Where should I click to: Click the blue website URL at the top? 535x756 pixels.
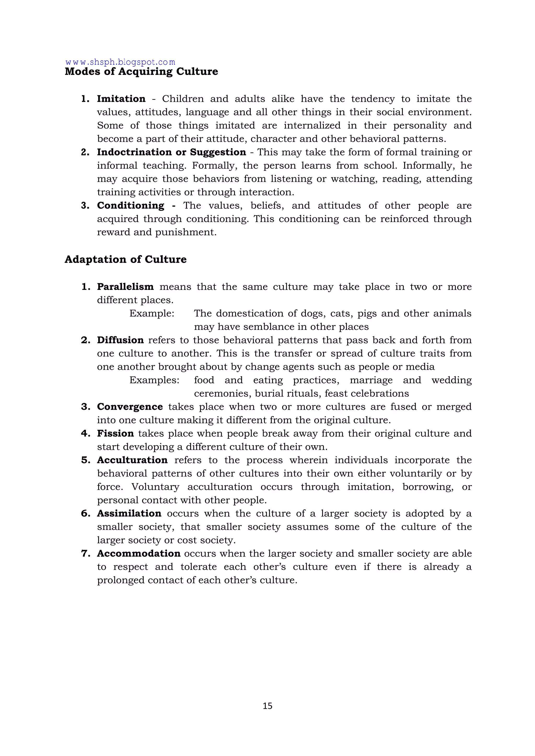pos(120,62)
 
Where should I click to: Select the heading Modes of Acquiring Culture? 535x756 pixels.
pos(141,72)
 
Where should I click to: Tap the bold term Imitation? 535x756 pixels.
pos(121,99)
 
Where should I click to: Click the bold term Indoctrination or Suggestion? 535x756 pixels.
pos(171,152)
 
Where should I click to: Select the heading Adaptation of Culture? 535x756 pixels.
pos(125,260)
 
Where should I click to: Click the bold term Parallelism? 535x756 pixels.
pos(125,287)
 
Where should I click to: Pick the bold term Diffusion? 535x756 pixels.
pos(120,340)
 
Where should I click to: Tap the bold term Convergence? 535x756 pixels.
pos(130,407)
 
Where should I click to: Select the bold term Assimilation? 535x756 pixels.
pos(129,513)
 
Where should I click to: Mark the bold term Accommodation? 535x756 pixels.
pos(139,554)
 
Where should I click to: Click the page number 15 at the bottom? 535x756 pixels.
pos(267,706)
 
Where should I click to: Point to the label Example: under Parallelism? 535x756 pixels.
pos(152,313)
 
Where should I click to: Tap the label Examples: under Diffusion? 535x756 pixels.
pos(154,380)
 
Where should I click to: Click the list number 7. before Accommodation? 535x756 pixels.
pos(86,554)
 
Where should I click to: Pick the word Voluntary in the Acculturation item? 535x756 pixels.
pos(155,487)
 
